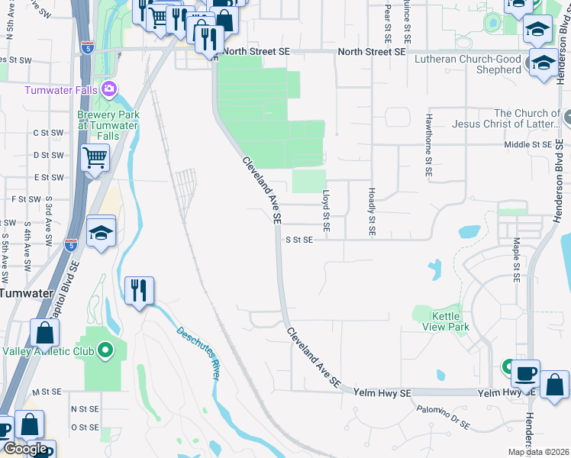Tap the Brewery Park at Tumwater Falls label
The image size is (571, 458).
pyautogui.click(x=108, y=125)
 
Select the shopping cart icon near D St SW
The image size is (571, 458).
pyautogui.click(x=95, y=159)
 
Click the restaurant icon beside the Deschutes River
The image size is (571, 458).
pyautogui.click(x=139, y=291)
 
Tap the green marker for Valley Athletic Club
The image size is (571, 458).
pyautogui.click(x=105, y=351)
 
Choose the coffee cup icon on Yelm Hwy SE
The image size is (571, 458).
pyautogui.click(x=525, y=374)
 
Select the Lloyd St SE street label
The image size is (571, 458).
pyautogui.click(x=326, y=211)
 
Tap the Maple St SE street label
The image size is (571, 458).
pyautogui.click(x=517, y=260)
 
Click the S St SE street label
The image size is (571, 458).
pyautogui.click(x=299, y=240)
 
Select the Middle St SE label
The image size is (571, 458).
pyautogui.click(x=527, y=144)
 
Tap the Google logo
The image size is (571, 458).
pyautogui.click(x=25, y=449)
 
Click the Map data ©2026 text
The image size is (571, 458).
pyautogui.click(x=537, y=452)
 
